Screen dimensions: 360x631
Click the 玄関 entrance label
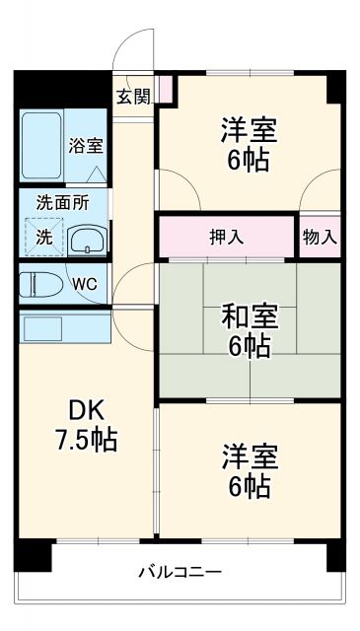134,96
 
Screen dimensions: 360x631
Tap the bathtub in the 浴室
40,145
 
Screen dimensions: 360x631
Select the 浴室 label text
85,145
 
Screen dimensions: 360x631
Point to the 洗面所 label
62,201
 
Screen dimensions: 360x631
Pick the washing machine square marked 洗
43,237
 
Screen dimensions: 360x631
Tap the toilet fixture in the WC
41,283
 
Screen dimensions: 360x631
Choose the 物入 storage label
320,237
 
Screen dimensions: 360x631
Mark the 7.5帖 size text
84,439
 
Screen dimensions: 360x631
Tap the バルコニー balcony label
180,571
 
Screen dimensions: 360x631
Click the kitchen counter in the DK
65,326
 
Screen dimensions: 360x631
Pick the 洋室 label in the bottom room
249,456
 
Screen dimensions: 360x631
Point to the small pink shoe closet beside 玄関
166,89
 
